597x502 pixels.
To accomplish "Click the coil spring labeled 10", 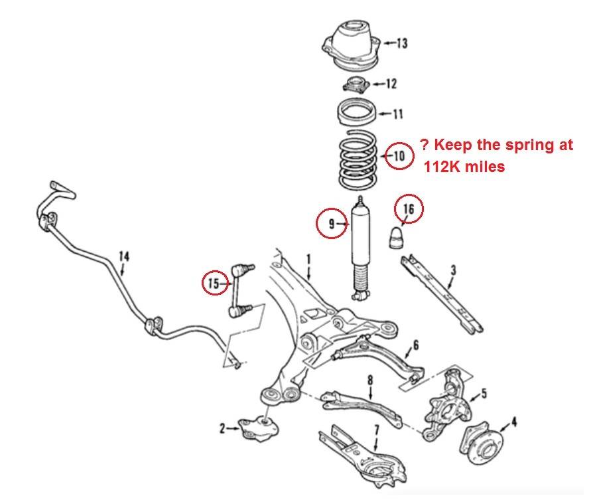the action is (358, 160).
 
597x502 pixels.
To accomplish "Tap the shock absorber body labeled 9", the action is (360, 248).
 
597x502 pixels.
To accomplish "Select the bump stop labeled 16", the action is (397, 238).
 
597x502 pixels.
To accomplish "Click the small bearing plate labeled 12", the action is (356, 84).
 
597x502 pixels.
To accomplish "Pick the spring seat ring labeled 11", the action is (357, 112).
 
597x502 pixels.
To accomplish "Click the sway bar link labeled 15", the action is (240, 290).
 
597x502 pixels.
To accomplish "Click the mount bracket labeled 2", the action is (258, 429).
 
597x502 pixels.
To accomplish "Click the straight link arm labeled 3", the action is (442, 294).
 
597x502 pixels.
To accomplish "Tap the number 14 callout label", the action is (124, 256).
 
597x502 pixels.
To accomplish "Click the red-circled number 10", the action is (399, 155).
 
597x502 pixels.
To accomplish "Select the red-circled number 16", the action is (408, 209).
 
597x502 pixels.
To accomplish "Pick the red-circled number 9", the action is (331, 223).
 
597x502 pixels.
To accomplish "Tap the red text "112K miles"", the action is (464, 167).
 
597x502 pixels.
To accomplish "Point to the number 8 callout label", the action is (370, 380).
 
